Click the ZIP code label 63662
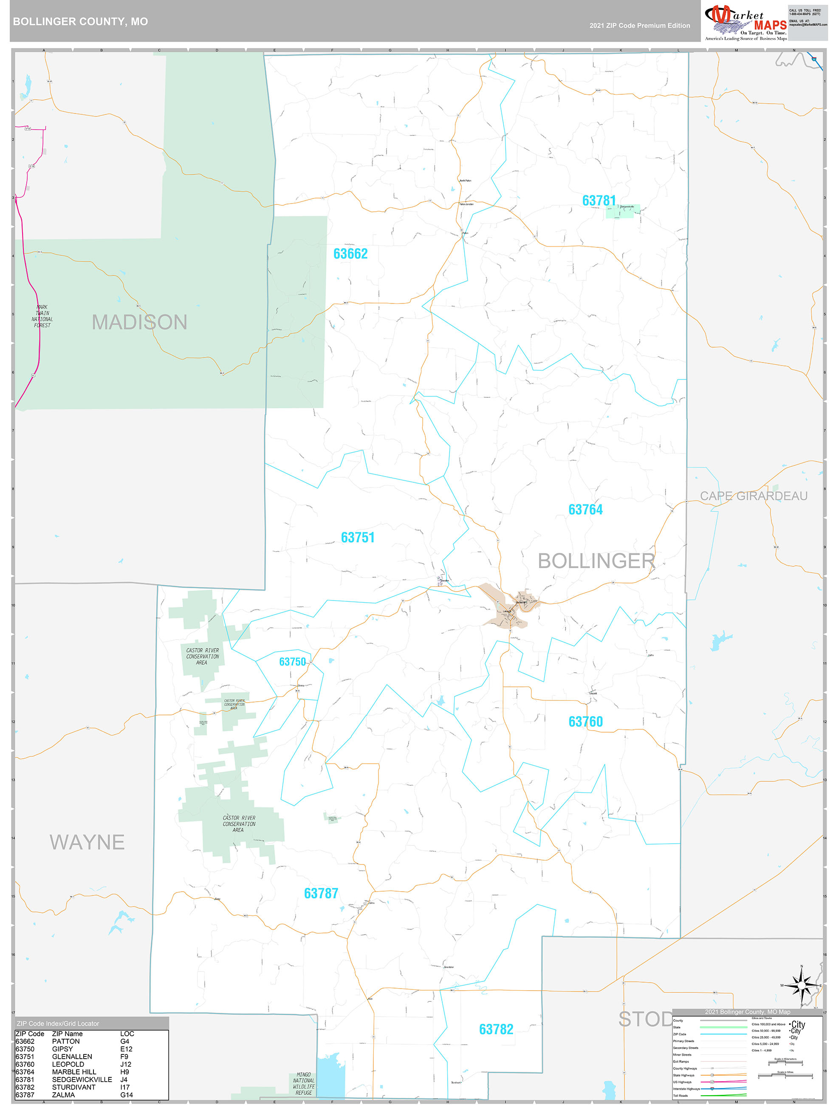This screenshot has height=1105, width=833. [350, 254]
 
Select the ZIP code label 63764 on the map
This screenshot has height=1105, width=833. [585, 510]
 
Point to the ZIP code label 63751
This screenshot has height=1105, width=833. [358, 538]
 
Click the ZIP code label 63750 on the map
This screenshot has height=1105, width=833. [292, 661]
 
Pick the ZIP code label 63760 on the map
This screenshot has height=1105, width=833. [585, 721]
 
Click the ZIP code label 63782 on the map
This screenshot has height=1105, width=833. [496, 1029]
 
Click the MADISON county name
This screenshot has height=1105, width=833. [139, 322]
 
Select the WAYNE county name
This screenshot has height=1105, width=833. [87, 842]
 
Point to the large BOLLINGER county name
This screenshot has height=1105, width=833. [596, 561]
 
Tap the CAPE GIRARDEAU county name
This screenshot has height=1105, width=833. [753, 496]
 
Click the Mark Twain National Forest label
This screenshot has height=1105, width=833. [42, 316]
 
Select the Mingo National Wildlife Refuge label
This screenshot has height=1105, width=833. [304, 1083]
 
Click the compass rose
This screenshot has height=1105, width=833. [802, 986]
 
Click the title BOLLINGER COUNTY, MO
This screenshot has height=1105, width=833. [80, 22]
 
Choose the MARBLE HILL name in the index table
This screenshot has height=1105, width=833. [74, 1072]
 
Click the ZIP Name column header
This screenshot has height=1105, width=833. [68, 1034]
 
